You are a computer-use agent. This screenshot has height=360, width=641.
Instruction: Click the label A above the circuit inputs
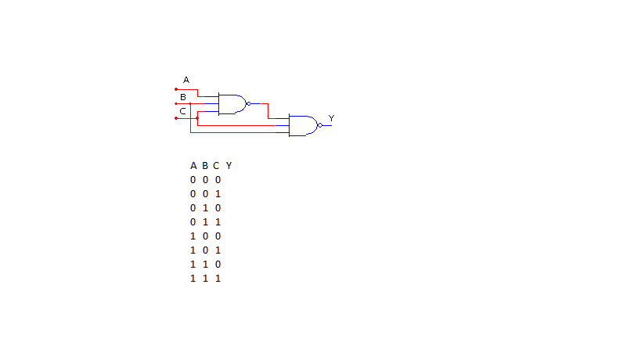pos(186,80)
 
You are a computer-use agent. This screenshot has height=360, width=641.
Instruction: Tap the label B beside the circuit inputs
pos(182,97)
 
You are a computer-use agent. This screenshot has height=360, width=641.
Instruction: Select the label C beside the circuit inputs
pos(182,111)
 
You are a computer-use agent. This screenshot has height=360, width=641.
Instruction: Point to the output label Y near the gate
pos(331,118)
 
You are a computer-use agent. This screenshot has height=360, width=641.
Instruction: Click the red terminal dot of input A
pos(176,89)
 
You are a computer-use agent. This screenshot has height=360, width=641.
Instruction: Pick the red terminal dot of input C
pos(176,118)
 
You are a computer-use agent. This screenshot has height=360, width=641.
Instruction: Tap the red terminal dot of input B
pos(176,103)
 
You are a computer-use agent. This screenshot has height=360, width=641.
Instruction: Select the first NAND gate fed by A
pos(231,103)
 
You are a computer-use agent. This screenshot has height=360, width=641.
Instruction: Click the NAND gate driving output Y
pos(302,125)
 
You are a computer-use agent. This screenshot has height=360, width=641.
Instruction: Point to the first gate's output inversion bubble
pos(248,103)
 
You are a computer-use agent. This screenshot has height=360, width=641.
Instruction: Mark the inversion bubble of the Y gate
pos(319,125)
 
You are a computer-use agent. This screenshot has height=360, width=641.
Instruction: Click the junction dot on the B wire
pos(190,103)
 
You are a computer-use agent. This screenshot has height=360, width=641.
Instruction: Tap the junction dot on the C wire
pos(197,118)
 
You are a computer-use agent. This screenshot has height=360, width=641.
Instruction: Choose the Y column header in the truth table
pos(229,166)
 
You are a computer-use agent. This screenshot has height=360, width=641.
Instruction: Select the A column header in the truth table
pos(193,166)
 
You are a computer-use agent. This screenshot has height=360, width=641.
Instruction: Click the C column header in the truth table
pos(217,166)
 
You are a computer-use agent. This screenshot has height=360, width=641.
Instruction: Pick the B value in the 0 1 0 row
pos(205,208)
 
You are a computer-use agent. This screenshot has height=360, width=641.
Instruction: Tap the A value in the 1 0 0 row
pos(193,236)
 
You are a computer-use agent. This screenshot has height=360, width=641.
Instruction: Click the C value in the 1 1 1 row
pos(217,279)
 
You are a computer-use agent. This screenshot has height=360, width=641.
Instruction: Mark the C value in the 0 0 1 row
pos(217,194)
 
